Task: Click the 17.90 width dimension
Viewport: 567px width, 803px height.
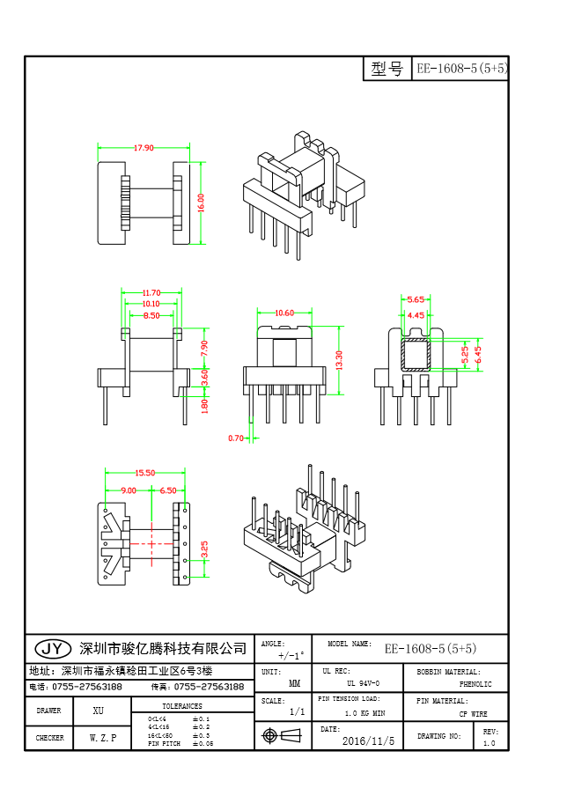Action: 144,148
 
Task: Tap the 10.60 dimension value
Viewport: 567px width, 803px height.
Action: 284,313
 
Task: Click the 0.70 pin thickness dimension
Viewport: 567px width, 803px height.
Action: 236,438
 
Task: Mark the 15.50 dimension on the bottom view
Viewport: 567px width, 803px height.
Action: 144,473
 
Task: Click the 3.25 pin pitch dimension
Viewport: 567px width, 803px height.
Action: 205,550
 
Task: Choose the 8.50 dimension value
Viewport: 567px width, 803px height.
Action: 151,315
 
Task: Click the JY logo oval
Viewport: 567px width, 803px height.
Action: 53,648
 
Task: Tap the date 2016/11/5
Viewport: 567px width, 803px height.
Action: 369,741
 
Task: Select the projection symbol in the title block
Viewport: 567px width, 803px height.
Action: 272,735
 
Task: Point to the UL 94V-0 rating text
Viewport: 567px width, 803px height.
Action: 363,683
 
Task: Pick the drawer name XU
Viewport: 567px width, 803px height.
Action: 98,710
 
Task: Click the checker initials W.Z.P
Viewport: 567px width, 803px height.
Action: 102,738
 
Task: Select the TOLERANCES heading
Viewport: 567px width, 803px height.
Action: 182,706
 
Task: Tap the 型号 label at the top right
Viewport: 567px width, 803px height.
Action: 387,69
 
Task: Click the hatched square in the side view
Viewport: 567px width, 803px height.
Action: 416,354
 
